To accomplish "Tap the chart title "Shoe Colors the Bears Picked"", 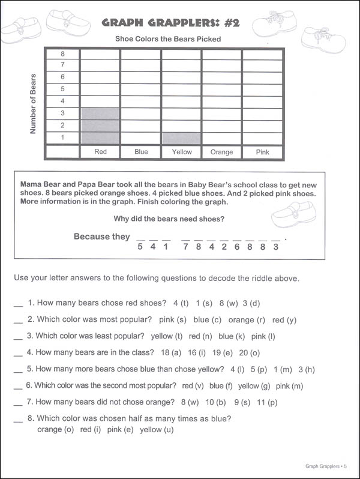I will point(168,40).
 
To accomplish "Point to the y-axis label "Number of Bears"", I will point(33,103).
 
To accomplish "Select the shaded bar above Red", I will point(100,125).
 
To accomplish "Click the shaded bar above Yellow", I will point(181,137).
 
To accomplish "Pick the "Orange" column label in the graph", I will point(221,152).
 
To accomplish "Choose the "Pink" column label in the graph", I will point(263,152).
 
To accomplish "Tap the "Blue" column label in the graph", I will point(141,152).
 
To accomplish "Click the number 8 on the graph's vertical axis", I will point(62,53).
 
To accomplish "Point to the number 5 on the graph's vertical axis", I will point(62,89).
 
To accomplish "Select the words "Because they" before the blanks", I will point(101,236).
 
